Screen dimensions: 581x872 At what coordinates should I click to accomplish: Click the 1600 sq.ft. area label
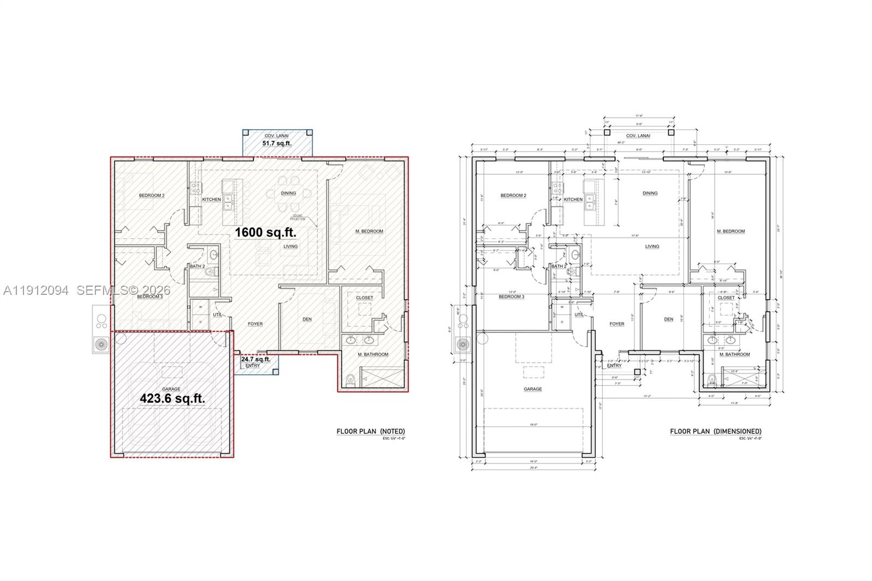click(265, 232)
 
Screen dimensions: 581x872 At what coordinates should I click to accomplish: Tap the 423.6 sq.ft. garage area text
click(172, 398)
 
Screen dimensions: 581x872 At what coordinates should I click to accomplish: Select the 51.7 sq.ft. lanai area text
click(277, 143)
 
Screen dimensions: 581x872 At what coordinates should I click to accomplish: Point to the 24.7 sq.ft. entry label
click(256, 359)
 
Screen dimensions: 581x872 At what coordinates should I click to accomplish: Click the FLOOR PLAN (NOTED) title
click(371, 431)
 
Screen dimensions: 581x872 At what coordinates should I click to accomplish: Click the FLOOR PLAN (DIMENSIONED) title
click(715, 431)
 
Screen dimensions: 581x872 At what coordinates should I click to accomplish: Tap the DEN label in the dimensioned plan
click(668, 319)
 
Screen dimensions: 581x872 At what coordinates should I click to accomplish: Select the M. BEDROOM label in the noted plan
click(369, 231)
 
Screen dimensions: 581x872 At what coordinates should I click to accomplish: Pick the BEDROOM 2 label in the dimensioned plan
click(513, 195)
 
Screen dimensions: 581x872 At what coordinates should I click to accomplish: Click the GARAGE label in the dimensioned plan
click(532, 389)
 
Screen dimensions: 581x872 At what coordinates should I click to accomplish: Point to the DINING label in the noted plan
click(288, 193)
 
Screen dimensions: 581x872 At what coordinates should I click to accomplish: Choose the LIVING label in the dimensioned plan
click(652, 246)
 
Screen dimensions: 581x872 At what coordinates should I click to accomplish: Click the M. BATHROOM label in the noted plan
click(373, 354)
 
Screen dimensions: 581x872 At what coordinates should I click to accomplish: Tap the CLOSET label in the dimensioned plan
click(725, 298)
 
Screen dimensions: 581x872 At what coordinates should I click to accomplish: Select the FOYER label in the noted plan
click(255, 324)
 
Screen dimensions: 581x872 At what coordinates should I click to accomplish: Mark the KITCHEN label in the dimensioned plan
click(573, 199)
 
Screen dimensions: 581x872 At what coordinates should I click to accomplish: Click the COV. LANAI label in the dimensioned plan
click(638, 136)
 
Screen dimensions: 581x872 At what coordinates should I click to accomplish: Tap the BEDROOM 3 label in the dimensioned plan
click(511, 296)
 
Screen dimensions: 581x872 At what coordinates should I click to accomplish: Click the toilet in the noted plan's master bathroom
click(351, 378)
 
